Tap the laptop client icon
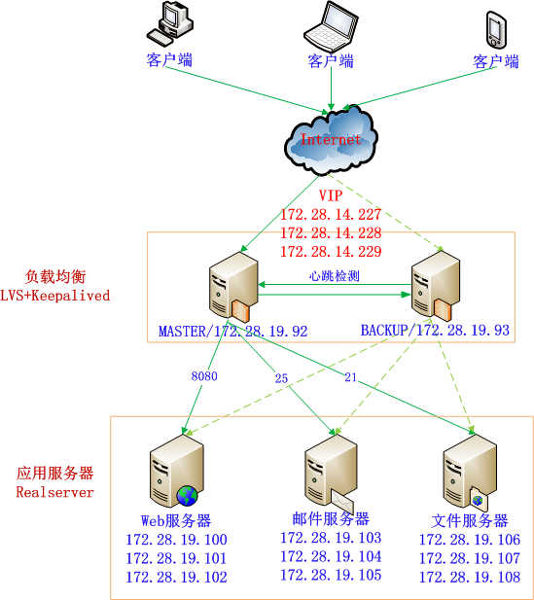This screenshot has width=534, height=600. tap(331, 26)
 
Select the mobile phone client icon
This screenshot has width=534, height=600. tap(496, 29)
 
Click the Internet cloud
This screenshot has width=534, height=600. tap(331, 140)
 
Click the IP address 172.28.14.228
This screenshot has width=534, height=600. tap(331, 233)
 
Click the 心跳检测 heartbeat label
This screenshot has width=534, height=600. tap(335, 276)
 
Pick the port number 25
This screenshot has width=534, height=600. tap(282, 378)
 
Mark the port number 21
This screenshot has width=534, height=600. tap(351, 377)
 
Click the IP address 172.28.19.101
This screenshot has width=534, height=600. tap(176, 558)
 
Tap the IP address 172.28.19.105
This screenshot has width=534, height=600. tap(331, 576)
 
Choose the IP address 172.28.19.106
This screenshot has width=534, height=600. tap(470, 540)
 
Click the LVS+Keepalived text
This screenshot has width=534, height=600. tap(55, 295)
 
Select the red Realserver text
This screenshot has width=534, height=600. tap(55, 492)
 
